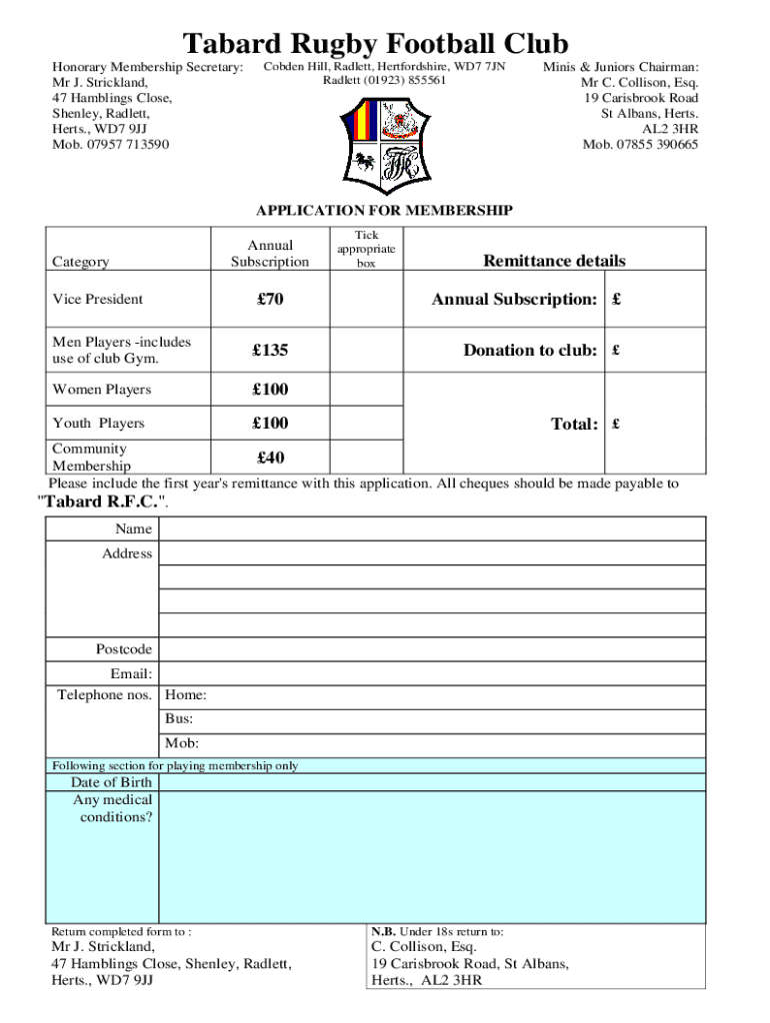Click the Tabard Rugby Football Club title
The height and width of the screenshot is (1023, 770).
pyautogui.click(x=375, y=44)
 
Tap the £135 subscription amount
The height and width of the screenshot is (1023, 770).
pyautogui.click(x=270, y=351)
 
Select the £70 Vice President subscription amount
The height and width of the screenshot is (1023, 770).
pyautogui.click(x=270, y=299)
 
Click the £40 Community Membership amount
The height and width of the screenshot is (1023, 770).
pyautogui.click(x=270, y=458)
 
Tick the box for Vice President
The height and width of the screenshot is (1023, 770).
pyautogui.click(x=366, y=299)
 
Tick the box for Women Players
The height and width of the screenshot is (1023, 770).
pyautogui.click(x=366, y=390)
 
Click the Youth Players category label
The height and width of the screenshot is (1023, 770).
pyautogui.click(x=98, y=424)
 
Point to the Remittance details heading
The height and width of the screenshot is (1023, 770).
pyautogui.click(x=554, y=261)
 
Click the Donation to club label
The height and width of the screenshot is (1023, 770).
pyautogui.click(x=530, y=351)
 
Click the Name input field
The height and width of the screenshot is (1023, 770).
pyautogui.click(x=432, y=528)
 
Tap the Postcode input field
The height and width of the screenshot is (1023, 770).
pyautogui.click(x=432, y=649)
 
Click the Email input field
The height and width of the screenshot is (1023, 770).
pyautogui.click(x=432, y=674)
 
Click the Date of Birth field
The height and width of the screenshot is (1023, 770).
pyautogui.click(x=432, y=782)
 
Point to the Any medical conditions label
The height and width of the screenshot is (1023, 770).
pyautogui.click(x=112, y=808)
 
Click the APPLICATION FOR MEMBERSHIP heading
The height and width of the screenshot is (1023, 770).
pyautogui.click(x=384, y=211)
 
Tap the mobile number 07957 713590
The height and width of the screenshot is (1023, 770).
pyautogui.click(x=110, y=145)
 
